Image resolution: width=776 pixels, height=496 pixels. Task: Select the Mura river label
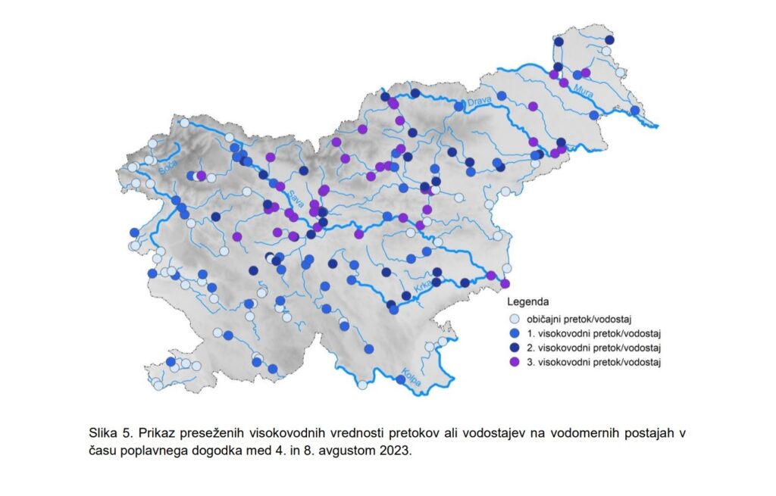(x=584, y=94)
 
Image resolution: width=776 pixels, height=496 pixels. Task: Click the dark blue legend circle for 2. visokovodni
(x=515, y=348)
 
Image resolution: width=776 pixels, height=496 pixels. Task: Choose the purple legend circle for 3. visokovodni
(x=515, y=362)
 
